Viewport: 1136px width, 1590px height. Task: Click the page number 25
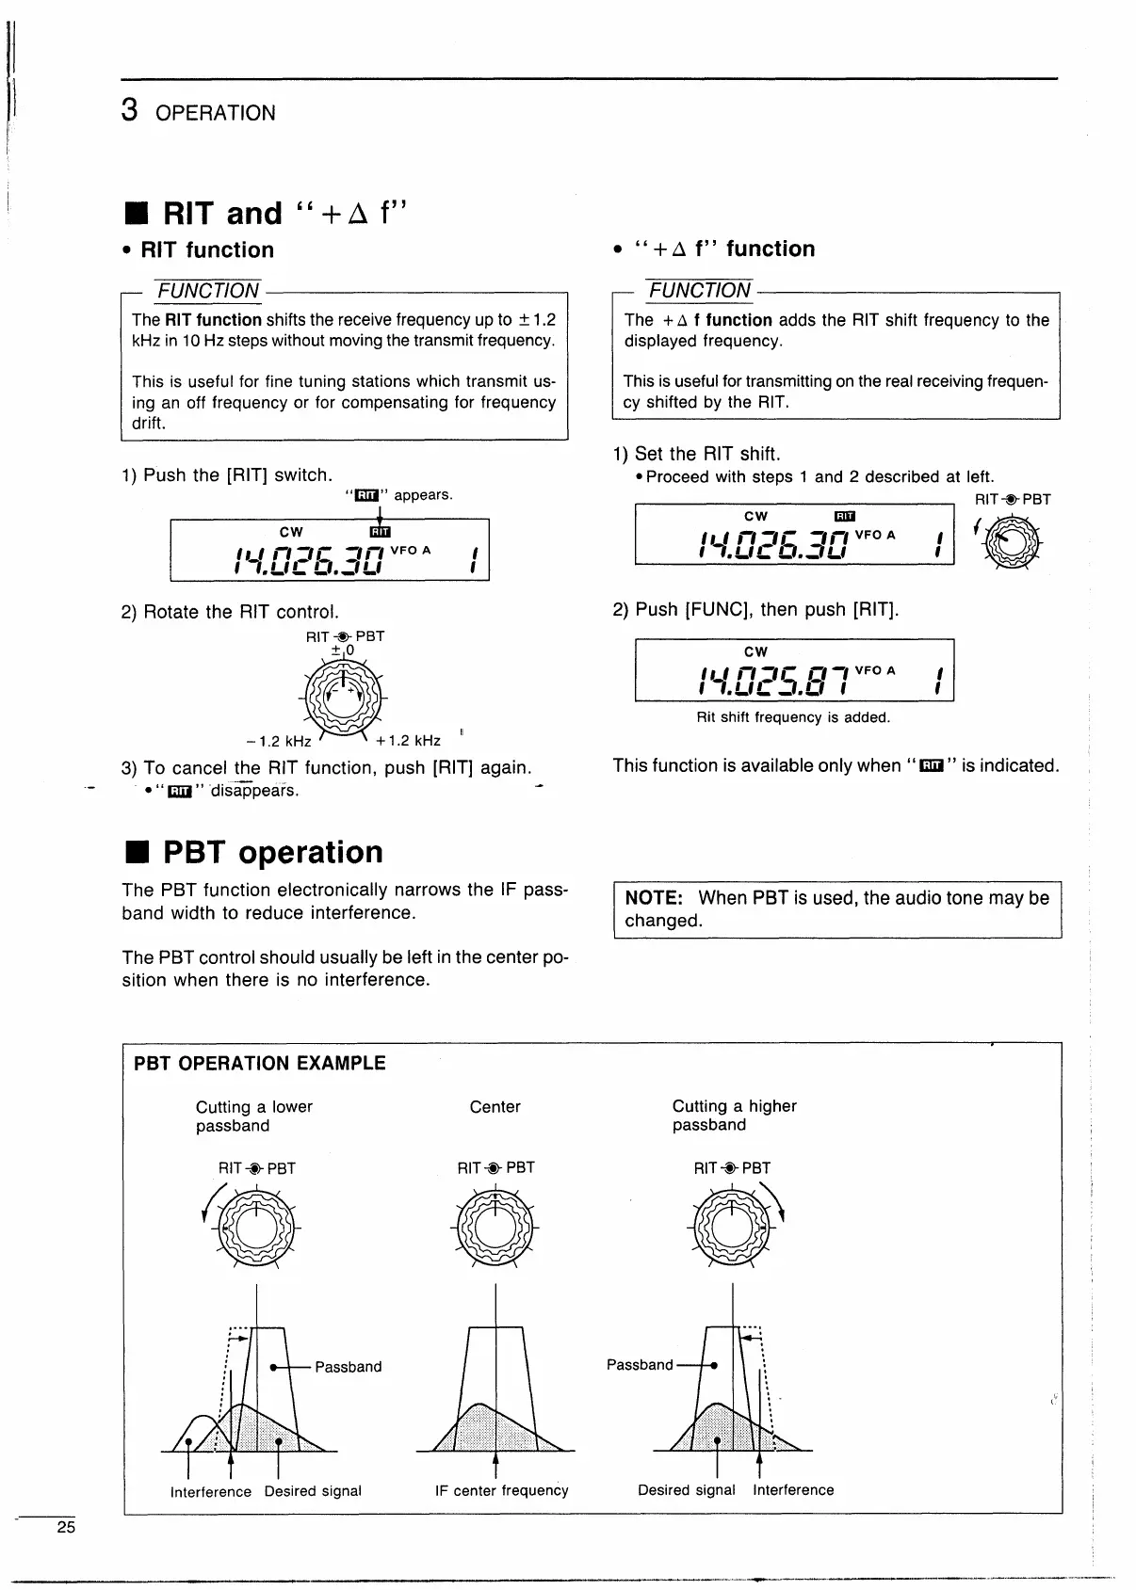tap(66, 1527)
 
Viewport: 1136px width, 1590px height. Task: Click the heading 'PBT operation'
tap(272, 852)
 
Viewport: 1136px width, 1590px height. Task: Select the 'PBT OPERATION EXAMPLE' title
tap(260, 1064)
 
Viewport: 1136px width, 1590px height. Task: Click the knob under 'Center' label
tap(495, 1229)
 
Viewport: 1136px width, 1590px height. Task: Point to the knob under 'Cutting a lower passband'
tap(255, 1229)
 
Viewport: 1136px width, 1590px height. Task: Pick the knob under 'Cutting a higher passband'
tap(731, 1229)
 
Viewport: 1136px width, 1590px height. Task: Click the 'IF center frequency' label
tap(501, 1491)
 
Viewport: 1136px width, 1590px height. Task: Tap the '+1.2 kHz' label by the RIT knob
tap(408, 740)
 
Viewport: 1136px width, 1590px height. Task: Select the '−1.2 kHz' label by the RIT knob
tap(279, 741)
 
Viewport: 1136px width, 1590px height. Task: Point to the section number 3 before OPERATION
tap(131, 111)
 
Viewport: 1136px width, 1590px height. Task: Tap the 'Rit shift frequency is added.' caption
tap(793, 717)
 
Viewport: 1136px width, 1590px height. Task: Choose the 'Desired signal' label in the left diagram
tap(313, 1491)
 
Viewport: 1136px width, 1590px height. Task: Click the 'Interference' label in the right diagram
tap(793, 1490)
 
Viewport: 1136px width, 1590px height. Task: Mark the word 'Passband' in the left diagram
tap(348, 1367)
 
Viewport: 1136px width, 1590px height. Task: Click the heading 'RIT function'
tap(207, 250)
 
